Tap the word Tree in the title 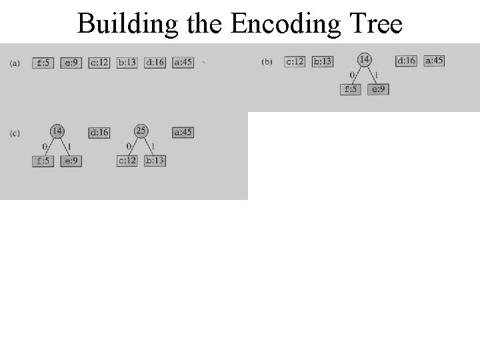click(x=377, y=24)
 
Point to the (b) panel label click(x=267, y=62)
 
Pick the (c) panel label click(x=15, y=133)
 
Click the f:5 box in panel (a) click(x=43, y=63)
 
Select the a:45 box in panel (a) click(x=183, y=63)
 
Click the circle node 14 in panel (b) click(x=365, y=59)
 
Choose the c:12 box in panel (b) click(x=294, y=61)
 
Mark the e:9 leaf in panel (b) click(x=378, y=89)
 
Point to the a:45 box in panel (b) click(x=433, y=61)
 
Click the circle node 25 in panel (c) click(x=141, y=131)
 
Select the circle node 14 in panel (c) click(x=57, y=131)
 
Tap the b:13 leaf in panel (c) click(x=155, y=161)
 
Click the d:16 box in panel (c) click(x=99, y=133)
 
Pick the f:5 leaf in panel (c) click(x=43, y=161)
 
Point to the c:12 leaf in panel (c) click(x=127, y=161)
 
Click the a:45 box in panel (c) click(x=183, y=133)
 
